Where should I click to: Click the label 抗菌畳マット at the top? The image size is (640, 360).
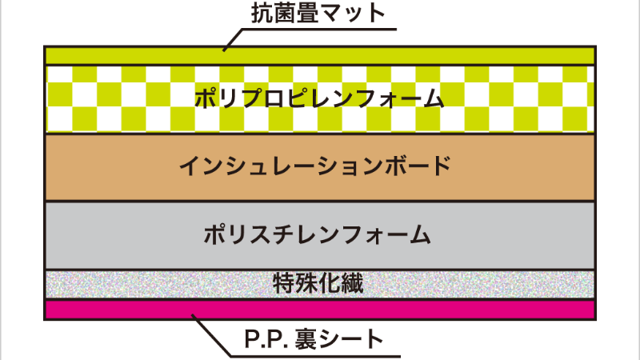pos(318,13)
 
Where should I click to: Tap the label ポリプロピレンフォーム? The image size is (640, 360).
pos(319,98)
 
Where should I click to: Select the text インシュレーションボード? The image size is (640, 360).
pos(315,166)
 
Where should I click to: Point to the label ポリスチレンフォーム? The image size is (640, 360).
pos(317,234)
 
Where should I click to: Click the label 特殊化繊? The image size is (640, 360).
pos(318,283)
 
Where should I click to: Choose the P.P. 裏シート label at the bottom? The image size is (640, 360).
pos(314,338)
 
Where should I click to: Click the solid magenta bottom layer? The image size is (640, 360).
pos(320,310)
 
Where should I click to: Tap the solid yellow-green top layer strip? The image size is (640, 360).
pos(320,56)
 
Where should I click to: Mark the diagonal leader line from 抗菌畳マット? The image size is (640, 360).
pos(233,40)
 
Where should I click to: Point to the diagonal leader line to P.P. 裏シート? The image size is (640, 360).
pos(210,335)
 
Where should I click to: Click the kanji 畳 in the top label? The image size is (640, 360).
pos(306,13)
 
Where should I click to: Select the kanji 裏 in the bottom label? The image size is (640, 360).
pos(306,338)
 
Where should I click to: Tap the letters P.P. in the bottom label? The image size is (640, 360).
pos(267,339)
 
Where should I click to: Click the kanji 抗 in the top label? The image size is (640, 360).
pos(262,13)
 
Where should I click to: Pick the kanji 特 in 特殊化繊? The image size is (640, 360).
pos(283,283)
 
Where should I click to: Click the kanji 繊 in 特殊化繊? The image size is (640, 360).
pos(353,283)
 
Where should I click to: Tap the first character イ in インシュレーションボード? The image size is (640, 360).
pos(190,166)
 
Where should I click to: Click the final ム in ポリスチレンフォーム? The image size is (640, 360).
pos(420,234)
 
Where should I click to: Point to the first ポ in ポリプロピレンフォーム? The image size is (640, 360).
pos(206,98)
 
